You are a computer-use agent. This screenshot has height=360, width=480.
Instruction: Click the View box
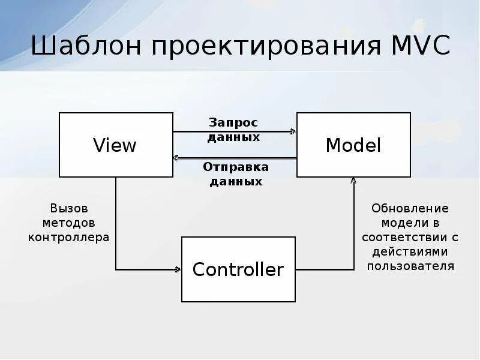pyautogui.click(x=115, y=145)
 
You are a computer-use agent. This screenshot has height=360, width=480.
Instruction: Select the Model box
pyautogui.click(x=353, y=145)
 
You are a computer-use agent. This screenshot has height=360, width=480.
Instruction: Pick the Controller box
pyautogui.click(x=238, y=269)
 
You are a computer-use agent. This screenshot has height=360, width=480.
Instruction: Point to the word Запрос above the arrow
pyautogui.click(x=233, y=122)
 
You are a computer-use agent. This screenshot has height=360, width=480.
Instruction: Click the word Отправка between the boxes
pyautogui.click(x=236, y=166)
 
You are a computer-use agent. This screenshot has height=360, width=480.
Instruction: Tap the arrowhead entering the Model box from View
pyautogui.click(x=293, y=131)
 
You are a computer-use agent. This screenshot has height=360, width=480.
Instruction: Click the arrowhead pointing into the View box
pyautogui.click(x=176, y=158)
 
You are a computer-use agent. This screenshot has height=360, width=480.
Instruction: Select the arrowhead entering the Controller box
pyautogui.click(x=178, y=269)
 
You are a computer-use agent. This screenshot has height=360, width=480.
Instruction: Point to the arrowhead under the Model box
pyautogui.click(x=353, y=180)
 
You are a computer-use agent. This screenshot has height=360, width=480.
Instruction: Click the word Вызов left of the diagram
pyautogui.click(x=68, y=208)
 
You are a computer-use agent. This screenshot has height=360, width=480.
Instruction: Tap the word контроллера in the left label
pyautogui.click(x=68, y=237)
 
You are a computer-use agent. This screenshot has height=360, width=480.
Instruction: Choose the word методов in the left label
pyautogui.click(x=68, y=223)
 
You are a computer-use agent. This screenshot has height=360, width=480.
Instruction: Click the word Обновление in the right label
pyautogui.click(x=410, y=208)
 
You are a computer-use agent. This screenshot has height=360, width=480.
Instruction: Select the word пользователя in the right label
pyautogui.click(x=410, y=266)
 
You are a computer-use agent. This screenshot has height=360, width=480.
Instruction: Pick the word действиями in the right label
pyautogui.click(x=410, y=251)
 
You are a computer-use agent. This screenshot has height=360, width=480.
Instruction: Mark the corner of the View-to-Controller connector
pyautogui.click(x=116, y=269)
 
